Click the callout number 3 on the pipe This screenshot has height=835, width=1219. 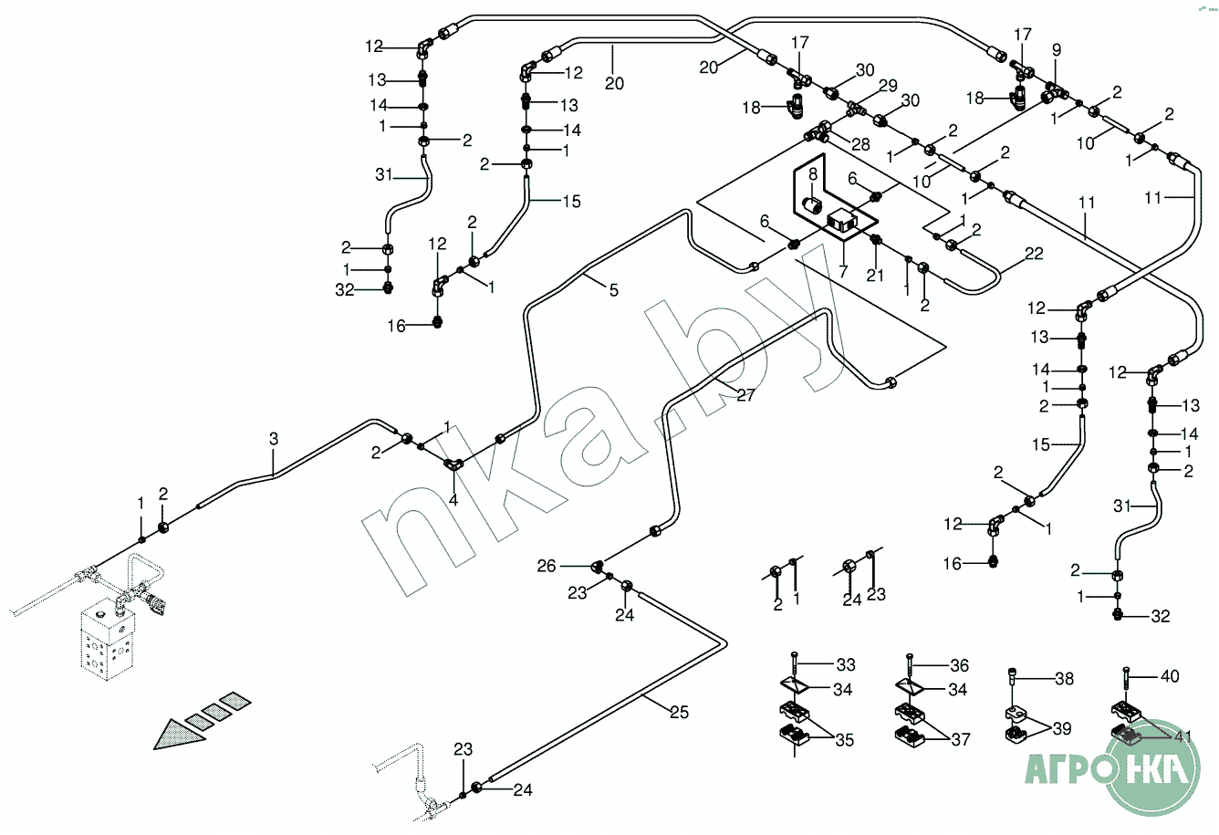pos(274,439)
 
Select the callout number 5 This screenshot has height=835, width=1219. pos(614,290)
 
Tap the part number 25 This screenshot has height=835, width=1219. pos(679,712)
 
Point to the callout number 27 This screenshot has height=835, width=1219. pos(745,395)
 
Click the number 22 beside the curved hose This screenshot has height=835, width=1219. pos(1034,254)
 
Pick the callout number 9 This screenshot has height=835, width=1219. pos(1057,50)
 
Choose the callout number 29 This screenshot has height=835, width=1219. pos(888,86)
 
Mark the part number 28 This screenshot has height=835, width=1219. pos(860,144)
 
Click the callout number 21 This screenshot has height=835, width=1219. pos(874,276)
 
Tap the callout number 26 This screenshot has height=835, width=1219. pos(547,566)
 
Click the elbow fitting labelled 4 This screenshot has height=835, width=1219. pos(453,464)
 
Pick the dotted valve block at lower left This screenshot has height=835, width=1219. pos(107,639)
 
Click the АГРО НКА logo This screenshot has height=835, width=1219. pos(1113,768)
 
